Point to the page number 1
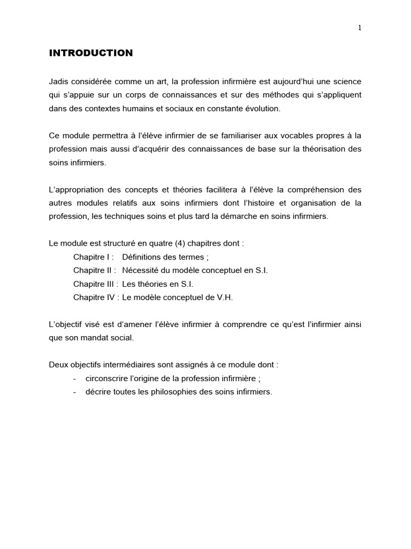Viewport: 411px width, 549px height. pos(360,28)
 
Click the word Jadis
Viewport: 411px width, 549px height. pos(58,81)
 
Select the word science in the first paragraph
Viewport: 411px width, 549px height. pos(347,81)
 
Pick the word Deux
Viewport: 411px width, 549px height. pos(58,365)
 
